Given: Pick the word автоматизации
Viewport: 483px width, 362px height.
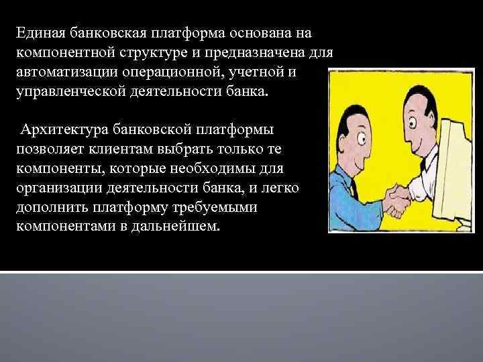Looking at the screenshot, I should click(x=67, y=71).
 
